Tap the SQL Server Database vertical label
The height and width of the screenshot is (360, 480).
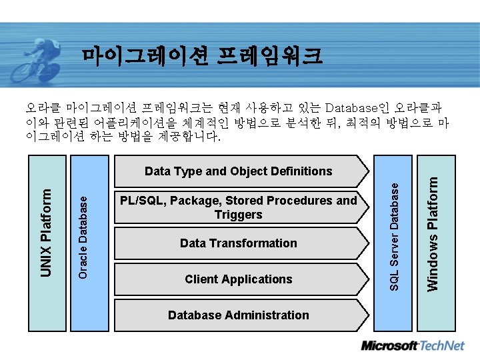pyautogui.click(x=394, y=236)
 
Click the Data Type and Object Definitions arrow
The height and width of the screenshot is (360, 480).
pyautogui.click(x=238, y=171)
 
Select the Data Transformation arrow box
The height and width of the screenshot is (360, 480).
pyautogui.click(x=238, y=243)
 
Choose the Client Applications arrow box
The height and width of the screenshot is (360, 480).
pyautogui.click(x=238, y=279)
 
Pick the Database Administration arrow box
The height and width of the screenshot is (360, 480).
pyautogui.click(x=238, y=315)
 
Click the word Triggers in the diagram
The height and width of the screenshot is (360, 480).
pyautogui.click(x=238, y=215)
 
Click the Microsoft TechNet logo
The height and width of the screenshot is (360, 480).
pyautogui.click(x=412, y=346)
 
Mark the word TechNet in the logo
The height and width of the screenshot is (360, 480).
pyautogui.click(x=441, y=346)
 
